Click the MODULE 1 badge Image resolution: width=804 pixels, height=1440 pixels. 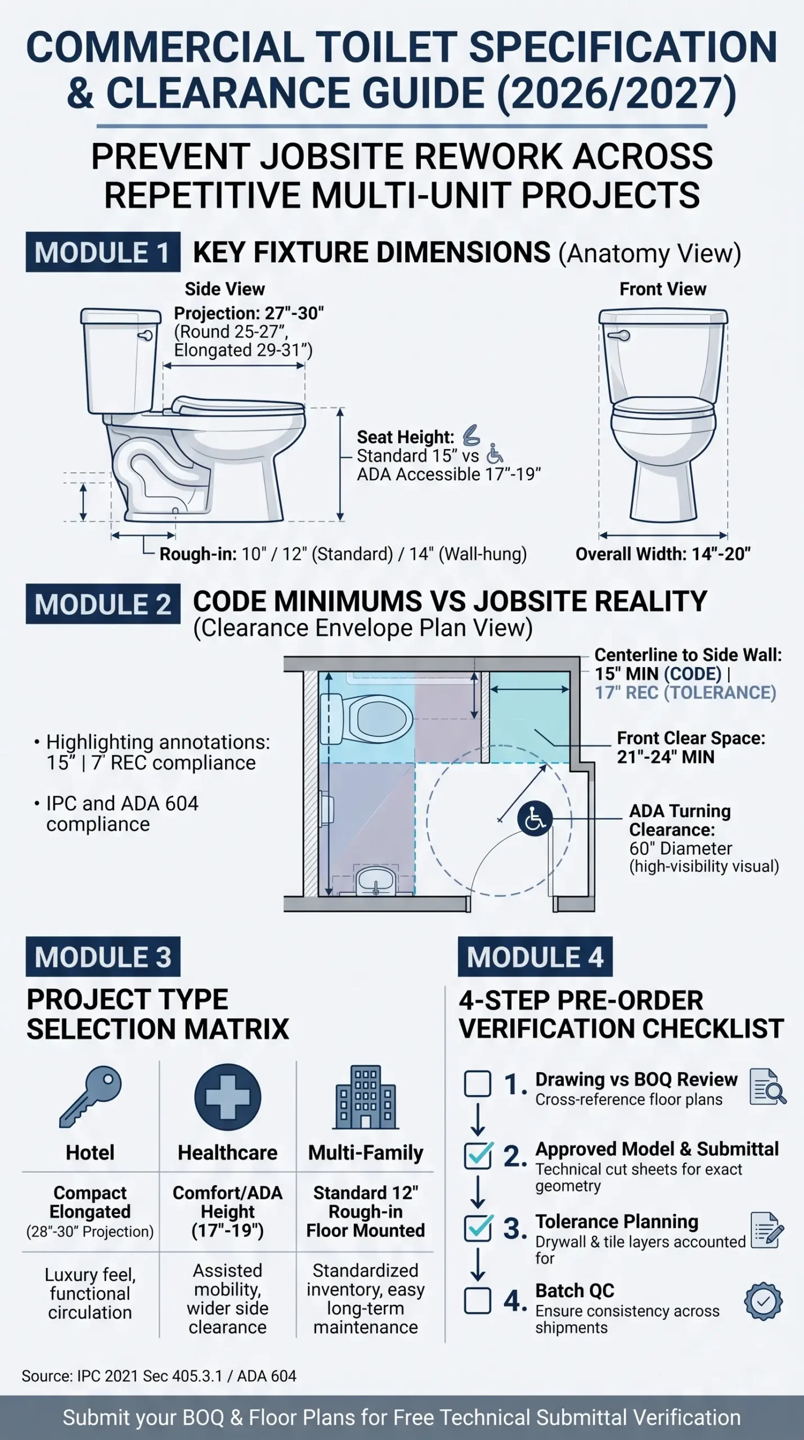point(103,252)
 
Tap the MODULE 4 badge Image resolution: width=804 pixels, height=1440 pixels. point(535,957)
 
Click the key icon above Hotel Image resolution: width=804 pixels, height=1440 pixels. point(90,1096)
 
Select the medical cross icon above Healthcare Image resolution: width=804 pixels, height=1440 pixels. point(228,1097)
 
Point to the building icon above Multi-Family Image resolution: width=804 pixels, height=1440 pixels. point(366,1097)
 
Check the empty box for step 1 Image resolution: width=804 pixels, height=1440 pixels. point(478,1084)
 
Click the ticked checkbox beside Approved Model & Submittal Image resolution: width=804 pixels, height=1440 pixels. point(478,1155)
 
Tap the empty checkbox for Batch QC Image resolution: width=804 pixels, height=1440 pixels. point(478,1300)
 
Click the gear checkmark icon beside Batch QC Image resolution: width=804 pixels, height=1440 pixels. point(763,1301)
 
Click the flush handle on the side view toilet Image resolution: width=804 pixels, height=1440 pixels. point(146,336)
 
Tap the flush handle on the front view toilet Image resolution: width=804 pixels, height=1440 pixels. point(619,336)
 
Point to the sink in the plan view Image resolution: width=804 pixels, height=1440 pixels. point(376,881)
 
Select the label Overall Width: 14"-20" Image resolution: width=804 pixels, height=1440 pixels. point(663,554)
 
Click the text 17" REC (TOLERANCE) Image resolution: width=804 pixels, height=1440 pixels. point(685,692)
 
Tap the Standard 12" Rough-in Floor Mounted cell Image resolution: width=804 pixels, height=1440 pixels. point(366,1212)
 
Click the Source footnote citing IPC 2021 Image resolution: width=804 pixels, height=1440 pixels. point(159,1376)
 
